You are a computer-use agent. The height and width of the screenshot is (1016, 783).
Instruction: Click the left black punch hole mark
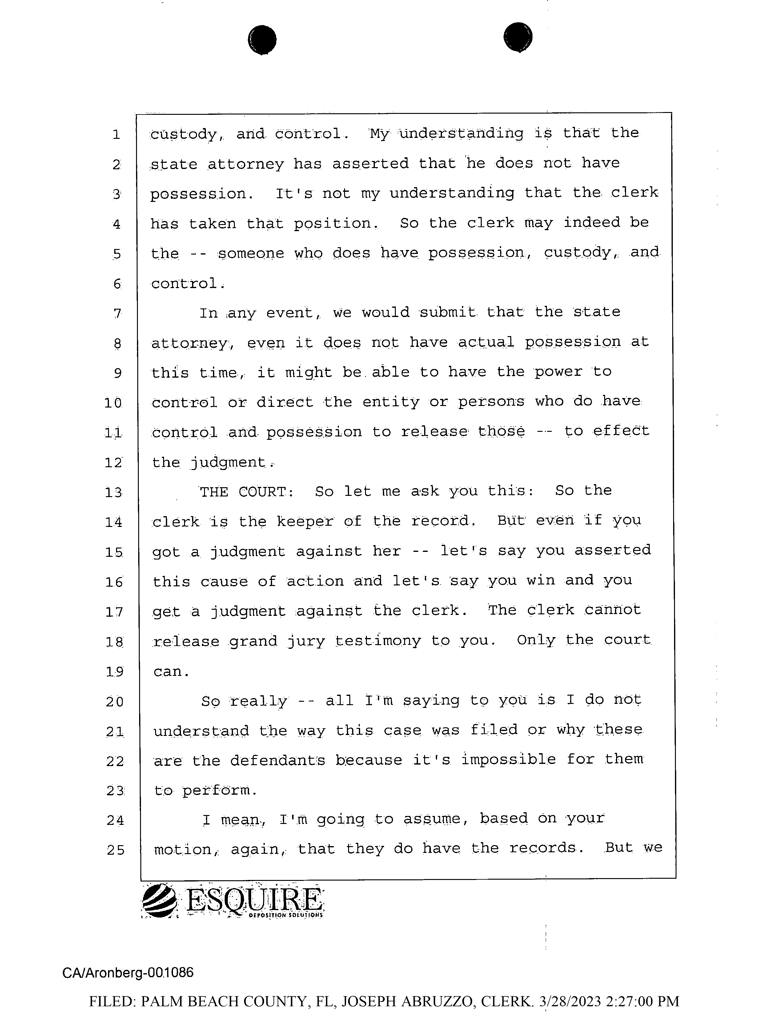coord(262,39)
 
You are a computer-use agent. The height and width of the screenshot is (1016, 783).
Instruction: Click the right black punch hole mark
coord(518,37)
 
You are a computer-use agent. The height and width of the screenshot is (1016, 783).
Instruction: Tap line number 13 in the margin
coord(114,492)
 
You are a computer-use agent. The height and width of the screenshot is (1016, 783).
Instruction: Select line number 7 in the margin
coord(117,314)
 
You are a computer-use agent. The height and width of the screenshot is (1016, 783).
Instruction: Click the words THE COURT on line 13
coord(246,492)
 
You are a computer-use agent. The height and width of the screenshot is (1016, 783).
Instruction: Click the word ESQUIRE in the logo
coord(254,901)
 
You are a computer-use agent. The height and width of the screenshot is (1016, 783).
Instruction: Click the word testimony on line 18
coord(378,641)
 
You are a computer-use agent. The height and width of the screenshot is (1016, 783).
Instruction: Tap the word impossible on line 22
coord(508,760)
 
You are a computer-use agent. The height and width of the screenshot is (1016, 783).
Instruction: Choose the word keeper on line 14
coord(305,521)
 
